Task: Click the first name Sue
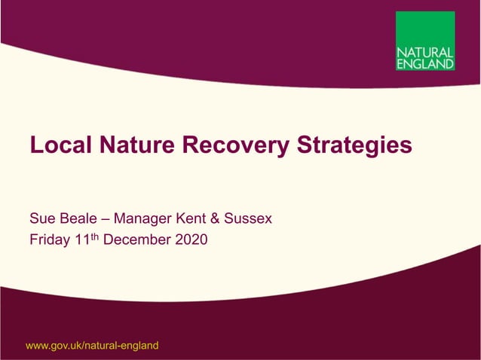(x=41, y=219)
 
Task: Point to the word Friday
(x=49, y=241)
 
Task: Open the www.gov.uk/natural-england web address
(x=92, y=346)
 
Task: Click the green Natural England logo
(x=425, y=41)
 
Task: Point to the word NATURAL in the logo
(x=425, y=53)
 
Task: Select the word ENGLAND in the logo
(x=425, y=64)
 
